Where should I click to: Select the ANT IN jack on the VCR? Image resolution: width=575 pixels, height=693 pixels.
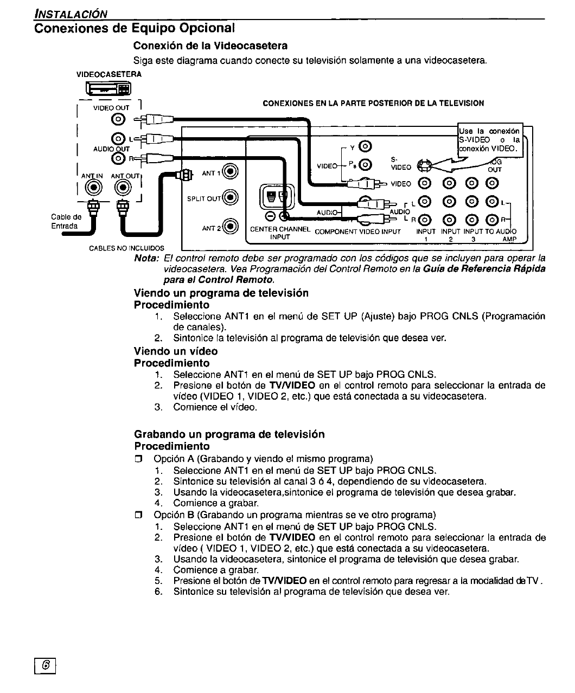tap(94, 188)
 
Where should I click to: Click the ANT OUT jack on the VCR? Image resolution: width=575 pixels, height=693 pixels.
tap(123, 188)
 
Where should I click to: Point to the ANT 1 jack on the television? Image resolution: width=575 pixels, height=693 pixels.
tap(231, 173)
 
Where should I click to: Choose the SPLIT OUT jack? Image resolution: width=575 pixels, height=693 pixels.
tap(231, 198)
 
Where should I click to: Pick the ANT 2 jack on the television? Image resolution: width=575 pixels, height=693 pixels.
tap(231, 227)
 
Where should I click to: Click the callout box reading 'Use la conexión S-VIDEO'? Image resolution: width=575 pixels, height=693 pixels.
tap(490, 140)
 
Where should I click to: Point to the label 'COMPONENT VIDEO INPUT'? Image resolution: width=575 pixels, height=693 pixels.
tap(357, 232)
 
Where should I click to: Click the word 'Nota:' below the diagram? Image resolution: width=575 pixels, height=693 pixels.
tap(146, 258)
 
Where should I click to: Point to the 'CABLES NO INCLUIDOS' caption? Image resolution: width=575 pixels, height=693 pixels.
tap(126, 248)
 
